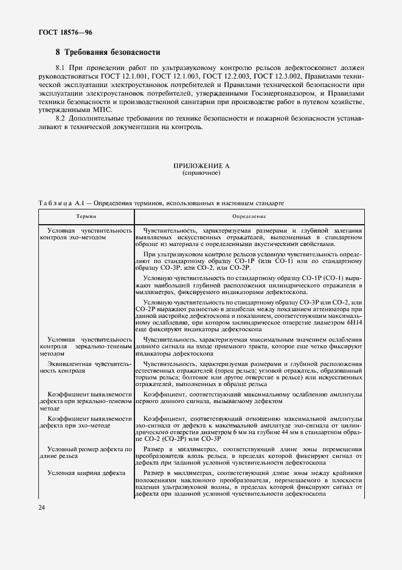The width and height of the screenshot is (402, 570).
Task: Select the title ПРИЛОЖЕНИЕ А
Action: point(201,166)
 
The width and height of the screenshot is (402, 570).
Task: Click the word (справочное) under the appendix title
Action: point(201,173)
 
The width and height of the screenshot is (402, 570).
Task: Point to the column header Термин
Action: point(86,216)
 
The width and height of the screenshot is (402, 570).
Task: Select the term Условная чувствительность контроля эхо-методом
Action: point(85,234)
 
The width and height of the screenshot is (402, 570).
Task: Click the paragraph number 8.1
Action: point(61,68)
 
